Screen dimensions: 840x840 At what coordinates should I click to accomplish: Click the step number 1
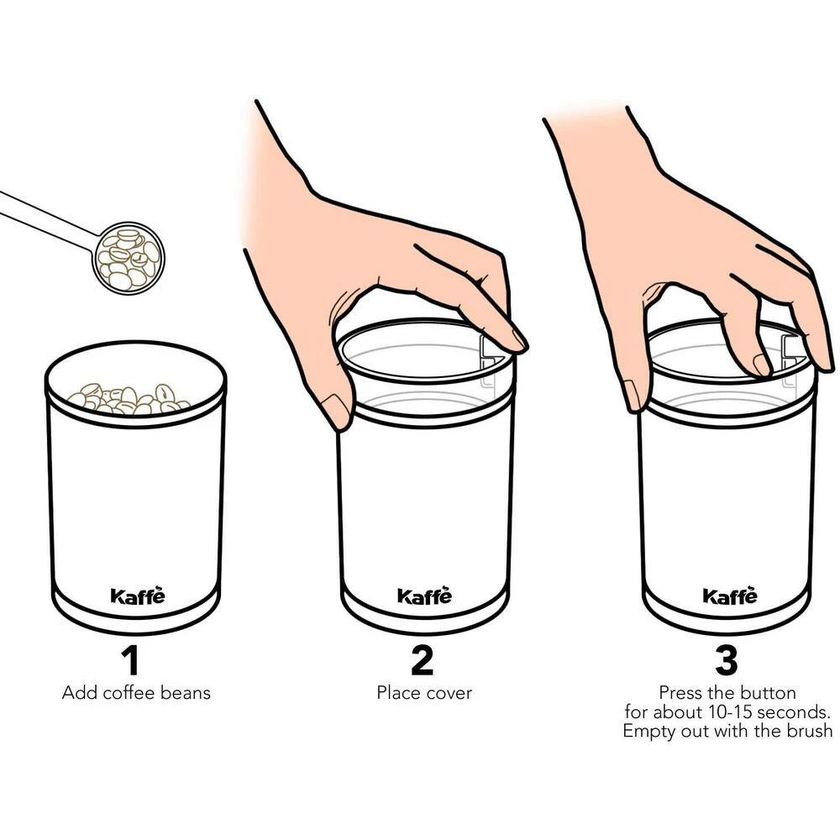coord(131,660)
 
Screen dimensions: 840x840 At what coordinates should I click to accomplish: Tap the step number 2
coord(423,660)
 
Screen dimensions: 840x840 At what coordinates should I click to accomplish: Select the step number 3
coord(727,660)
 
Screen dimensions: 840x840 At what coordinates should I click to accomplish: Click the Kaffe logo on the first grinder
coord(138,595)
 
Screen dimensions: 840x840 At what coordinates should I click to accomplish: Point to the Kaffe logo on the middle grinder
coord(424,595)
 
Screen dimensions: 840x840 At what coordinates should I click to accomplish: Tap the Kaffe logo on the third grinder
coord(730,595)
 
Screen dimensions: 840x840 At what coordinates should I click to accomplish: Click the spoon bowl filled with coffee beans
coord(129,258)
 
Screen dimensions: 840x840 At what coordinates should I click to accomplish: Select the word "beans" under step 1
coord(186,693)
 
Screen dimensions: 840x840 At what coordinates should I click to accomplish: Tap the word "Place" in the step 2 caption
coord(396,693)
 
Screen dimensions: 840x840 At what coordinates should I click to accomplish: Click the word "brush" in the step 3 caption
coord(808,731)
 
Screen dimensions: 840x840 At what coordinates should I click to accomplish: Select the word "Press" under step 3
coord(680,693)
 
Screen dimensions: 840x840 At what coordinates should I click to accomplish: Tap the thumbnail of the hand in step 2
coord(337,412)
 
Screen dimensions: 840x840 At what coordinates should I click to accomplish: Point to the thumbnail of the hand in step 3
coord(633,395)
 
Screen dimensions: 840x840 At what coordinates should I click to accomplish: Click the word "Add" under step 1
coord(80,693)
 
